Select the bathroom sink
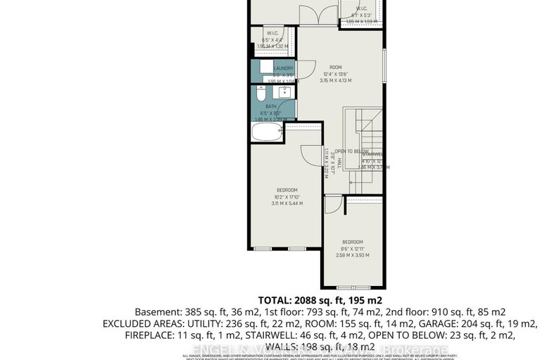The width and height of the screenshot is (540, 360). click(x=284, y=93)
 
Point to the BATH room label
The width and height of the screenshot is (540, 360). click(x=271, y=106)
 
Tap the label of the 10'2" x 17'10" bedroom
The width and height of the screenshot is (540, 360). click(x=287, y=190)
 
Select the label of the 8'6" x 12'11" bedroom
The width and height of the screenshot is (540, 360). click(x=351, y=242)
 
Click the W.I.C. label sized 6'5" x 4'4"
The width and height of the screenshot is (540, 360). click(x=273, y=34)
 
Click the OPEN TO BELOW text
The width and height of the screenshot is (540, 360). click(x=351, y=151)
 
